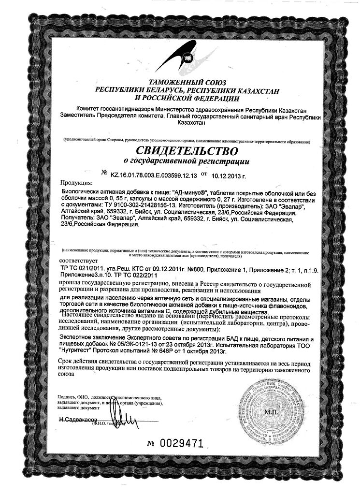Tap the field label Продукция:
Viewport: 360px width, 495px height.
pos(76,184)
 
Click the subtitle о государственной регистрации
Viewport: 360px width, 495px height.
pos(182,160)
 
